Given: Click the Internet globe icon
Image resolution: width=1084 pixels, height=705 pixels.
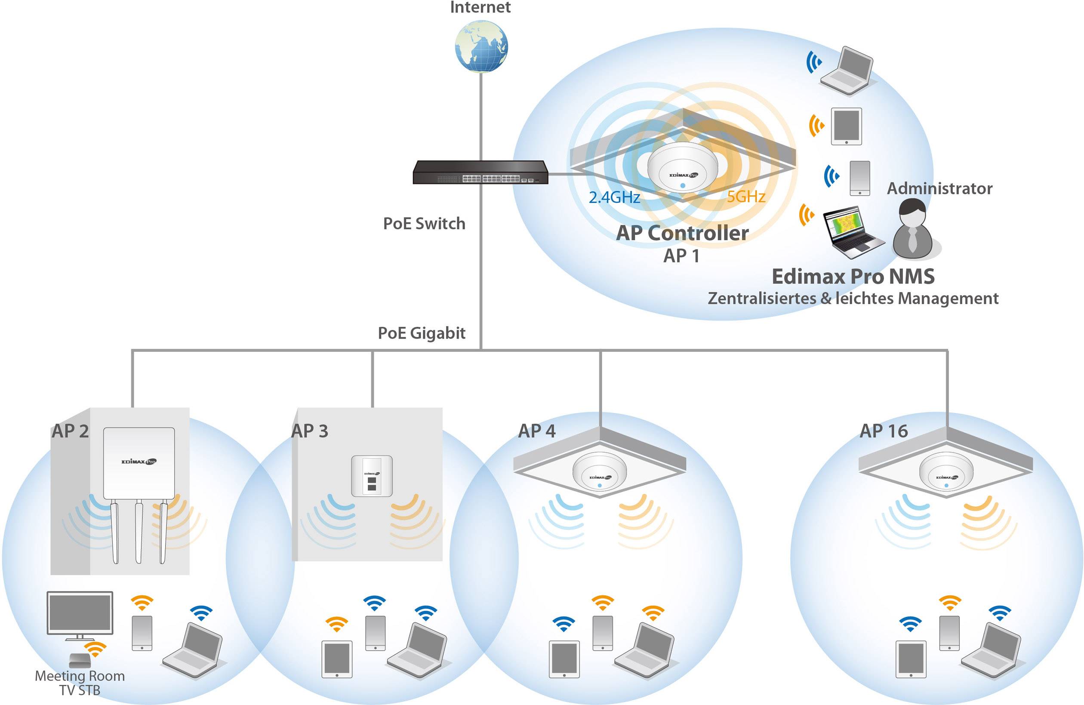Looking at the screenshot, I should click(481, 46).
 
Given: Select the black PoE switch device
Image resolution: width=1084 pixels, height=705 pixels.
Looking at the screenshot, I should click(480, 172).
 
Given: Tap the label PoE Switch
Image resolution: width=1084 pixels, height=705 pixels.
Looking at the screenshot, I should click(424, 224).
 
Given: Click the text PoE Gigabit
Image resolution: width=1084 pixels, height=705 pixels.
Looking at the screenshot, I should click(421, 333).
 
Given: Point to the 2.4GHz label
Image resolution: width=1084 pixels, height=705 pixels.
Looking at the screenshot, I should click(614, 197).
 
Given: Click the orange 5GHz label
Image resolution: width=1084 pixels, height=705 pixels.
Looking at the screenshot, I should click(745, 197).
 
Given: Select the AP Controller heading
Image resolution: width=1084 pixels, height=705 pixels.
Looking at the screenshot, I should click(682, 233).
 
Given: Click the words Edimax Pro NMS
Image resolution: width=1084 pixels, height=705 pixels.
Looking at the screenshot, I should click(853, 277).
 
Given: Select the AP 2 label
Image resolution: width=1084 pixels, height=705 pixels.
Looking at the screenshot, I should click(70, 431).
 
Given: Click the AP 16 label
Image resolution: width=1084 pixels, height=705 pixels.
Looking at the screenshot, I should click(883, 431).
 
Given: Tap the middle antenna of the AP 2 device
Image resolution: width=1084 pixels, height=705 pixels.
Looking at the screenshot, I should click(139, 530).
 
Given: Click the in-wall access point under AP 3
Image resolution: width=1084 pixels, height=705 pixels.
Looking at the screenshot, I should click(372, 476).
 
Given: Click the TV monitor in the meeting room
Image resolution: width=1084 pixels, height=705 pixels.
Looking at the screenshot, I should click(80, 613).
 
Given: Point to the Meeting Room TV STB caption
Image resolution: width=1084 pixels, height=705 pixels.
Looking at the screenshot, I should click(80, 683).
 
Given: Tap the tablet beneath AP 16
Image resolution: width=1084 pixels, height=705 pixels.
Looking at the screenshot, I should click(911, 659).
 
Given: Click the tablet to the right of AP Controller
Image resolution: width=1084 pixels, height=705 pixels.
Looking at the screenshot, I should click(846, 126).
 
